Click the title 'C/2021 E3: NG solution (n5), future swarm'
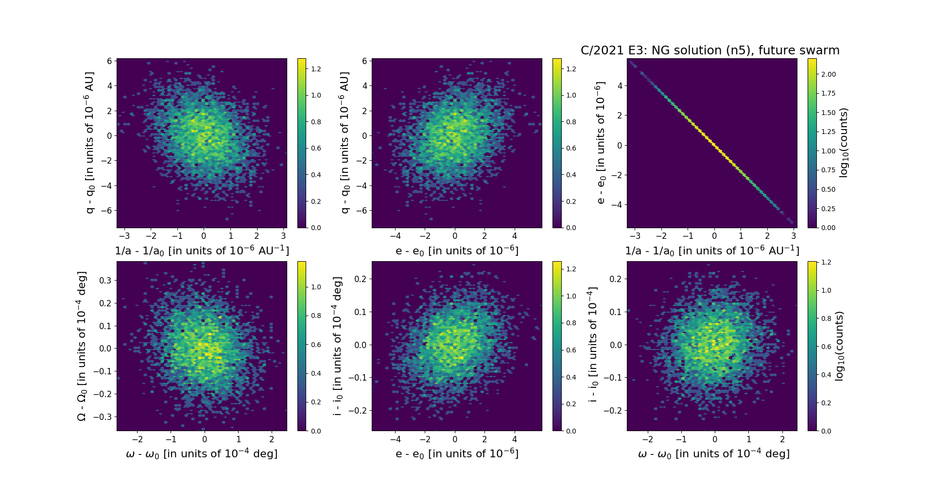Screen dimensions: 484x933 tap(710, 50)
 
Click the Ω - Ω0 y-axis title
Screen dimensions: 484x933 tap(82, 346)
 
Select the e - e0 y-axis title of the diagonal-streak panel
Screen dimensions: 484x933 tap(601, 143)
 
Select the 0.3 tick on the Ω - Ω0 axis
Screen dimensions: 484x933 tap(105, 281)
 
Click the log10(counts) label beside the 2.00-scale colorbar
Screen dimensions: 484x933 tap(844, 143)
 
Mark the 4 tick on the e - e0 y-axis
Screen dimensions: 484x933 tap(620, 86)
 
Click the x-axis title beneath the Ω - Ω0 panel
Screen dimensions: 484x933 tap(202, 453)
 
